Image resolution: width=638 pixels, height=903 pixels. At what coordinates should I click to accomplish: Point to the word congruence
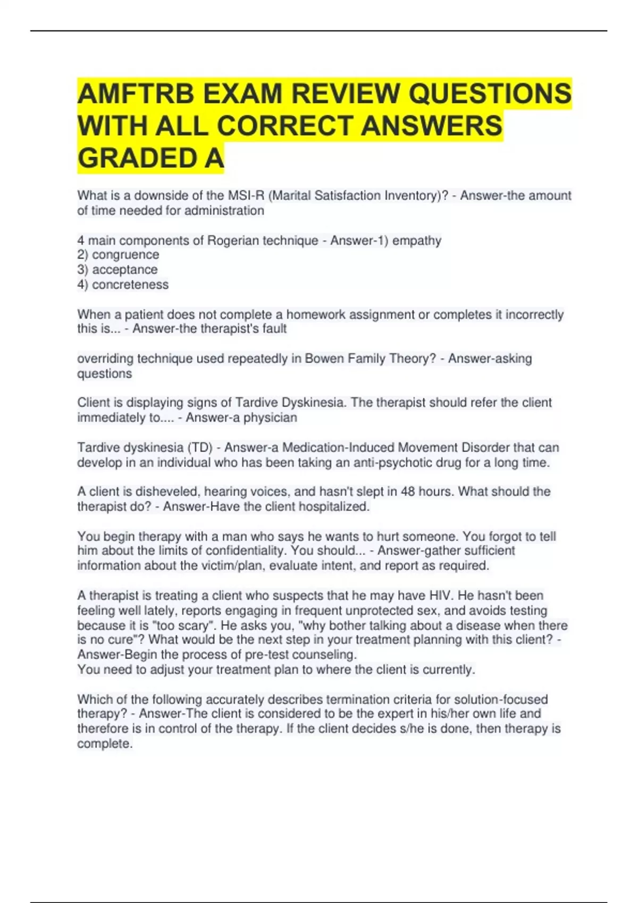125,255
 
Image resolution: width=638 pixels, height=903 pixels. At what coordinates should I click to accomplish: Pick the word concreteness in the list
130,285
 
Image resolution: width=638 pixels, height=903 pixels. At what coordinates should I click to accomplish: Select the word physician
270,418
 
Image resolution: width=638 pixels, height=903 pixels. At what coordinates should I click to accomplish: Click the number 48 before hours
408,491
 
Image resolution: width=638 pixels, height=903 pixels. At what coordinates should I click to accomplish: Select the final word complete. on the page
105,744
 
